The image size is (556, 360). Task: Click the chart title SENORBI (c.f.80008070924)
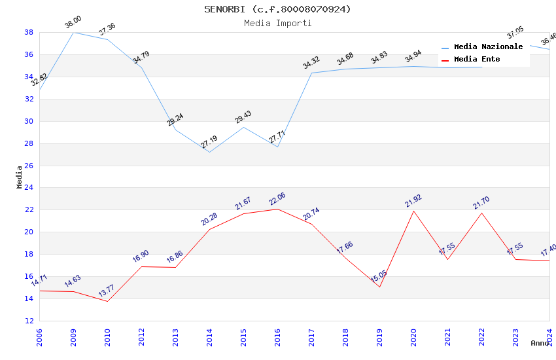pos(277,9)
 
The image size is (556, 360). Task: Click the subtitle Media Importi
pos(277,23)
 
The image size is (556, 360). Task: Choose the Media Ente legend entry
pos(477,59)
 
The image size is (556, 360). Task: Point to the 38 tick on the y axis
pos(29,32)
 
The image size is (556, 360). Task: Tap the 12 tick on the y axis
pos(29,321)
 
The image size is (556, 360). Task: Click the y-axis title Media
pos(20,177)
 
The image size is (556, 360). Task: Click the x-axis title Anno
pos(540,343)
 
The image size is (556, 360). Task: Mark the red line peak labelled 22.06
pos(277,198)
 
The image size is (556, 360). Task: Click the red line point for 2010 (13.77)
pos(107,301)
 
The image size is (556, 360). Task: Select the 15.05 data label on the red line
pos(379,278)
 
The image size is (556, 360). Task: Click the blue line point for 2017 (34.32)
pos(311,73)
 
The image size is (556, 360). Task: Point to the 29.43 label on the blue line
pos(243,117)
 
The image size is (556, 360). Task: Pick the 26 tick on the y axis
pos(29,166)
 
